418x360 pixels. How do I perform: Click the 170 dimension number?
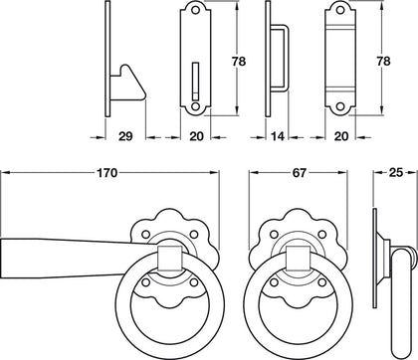pos(106,173)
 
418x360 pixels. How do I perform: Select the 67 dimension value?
pos(299,173)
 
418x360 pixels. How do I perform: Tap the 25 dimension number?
pos(395,173)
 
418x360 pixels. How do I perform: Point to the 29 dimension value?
pos(125,136)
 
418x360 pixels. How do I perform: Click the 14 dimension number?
pos(278,136)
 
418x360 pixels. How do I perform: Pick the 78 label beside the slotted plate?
pos(238,62)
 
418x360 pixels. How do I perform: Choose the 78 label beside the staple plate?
pos(383,62)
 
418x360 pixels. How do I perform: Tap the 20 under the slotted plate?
pos(196,136)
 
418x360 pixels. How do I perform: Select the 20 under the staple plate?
pos(341,136)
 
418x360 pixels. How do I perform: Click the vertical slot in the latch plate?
pos(195,81)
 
